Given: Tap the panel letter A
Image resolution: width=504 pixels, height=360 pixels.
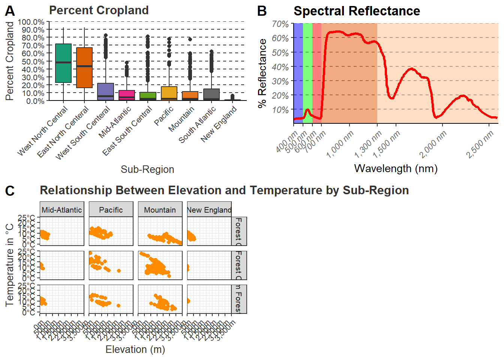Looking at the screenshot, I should (x=10, y=11).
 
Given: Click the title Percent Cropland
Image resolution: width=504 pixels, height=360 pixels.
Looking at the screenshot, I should (x=99, y=10).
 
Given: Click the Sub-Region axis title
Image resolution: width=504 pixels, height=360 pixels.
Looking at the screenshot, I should (x=147, y=169).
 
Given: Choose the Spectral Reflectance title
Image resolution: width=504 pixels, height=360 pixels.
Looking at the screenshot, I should (x=357, y=11).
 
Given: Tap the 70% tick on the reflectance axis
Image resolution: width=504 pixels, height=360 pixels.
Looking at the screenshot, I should (x=280, y=24).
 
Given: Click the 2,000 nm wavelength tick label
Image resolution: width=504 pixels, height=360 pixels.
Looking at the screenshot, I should (x=433, y=144).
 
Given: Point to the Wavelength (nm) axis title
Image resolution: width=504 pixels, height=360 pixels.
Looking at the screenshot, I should (x=396, y=168).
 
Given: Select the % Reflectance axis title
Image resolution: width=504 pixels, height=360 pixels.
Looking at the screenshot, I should (x=262, y=73).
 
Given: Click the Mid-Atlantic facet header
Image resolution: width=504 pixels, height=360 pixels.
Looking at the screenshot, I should (x=62, y=210).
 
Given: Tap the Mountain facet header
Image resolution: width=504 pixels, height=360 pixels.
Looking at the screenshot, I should (x=160, y=210).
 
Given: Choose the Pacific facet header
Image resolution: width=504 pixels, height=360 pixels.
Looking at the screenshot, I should (x=111, y=210).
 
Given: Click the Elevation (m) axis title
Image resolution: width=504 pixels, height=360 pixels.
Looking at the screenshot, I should (x=135, y=349).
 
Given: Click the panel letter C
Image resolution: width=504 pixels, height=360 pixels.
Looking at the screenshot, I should (x=10, y=191).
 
